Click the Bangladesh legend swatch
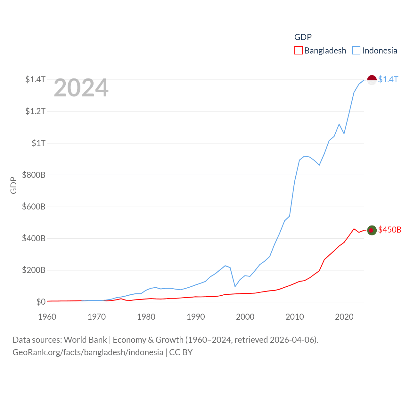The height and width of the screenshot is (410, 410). tap(298, 51)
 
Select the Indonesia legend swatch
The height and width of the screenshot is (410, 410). tap(356, 51)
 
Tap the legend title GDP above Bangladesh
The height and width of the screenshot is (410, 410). tap(303, 37)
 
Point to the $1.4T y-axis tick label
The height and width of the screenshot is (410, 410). tap(35, 79)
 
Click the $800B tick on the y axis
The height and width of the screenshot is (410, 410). tap(34, 175)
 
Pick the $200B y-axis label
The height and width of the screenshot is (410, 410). tap(34, 270)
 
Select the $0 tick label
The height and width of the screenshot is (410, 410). tap(41, 302)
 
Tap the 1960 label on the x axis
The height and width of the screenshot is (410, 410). tap(47, 317)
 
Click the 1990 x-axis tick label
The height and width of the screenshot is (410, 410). tap(196, 317)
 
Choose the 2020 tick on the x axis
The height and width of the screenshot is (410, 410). tap(344, 317)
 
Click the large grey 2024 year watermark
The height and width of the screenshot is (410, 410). tap(81, 88)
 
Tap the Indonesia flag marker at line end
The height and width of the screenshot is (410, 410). tap(372, 80)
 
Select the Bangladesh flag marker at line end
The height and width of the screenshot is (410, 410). tap(372, 230)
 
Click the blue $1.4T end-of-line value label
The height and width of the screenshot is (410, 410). tap(388, 79)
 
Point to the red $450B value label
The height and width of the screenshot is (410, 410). tap(389, 230)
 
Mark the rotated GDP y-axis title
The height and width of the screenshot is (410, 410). tap(13, 185)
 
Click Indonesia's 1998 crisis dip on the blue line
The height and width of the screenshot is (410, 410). tap(235, 286)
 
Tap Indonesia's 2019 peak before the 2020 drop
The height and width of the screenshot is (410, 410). tap(339, 124)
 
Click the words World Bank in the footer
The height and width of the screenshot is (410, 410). tap(85, 340)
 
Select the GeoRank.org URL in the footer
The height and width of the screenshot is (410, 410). tap(88, 352)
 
